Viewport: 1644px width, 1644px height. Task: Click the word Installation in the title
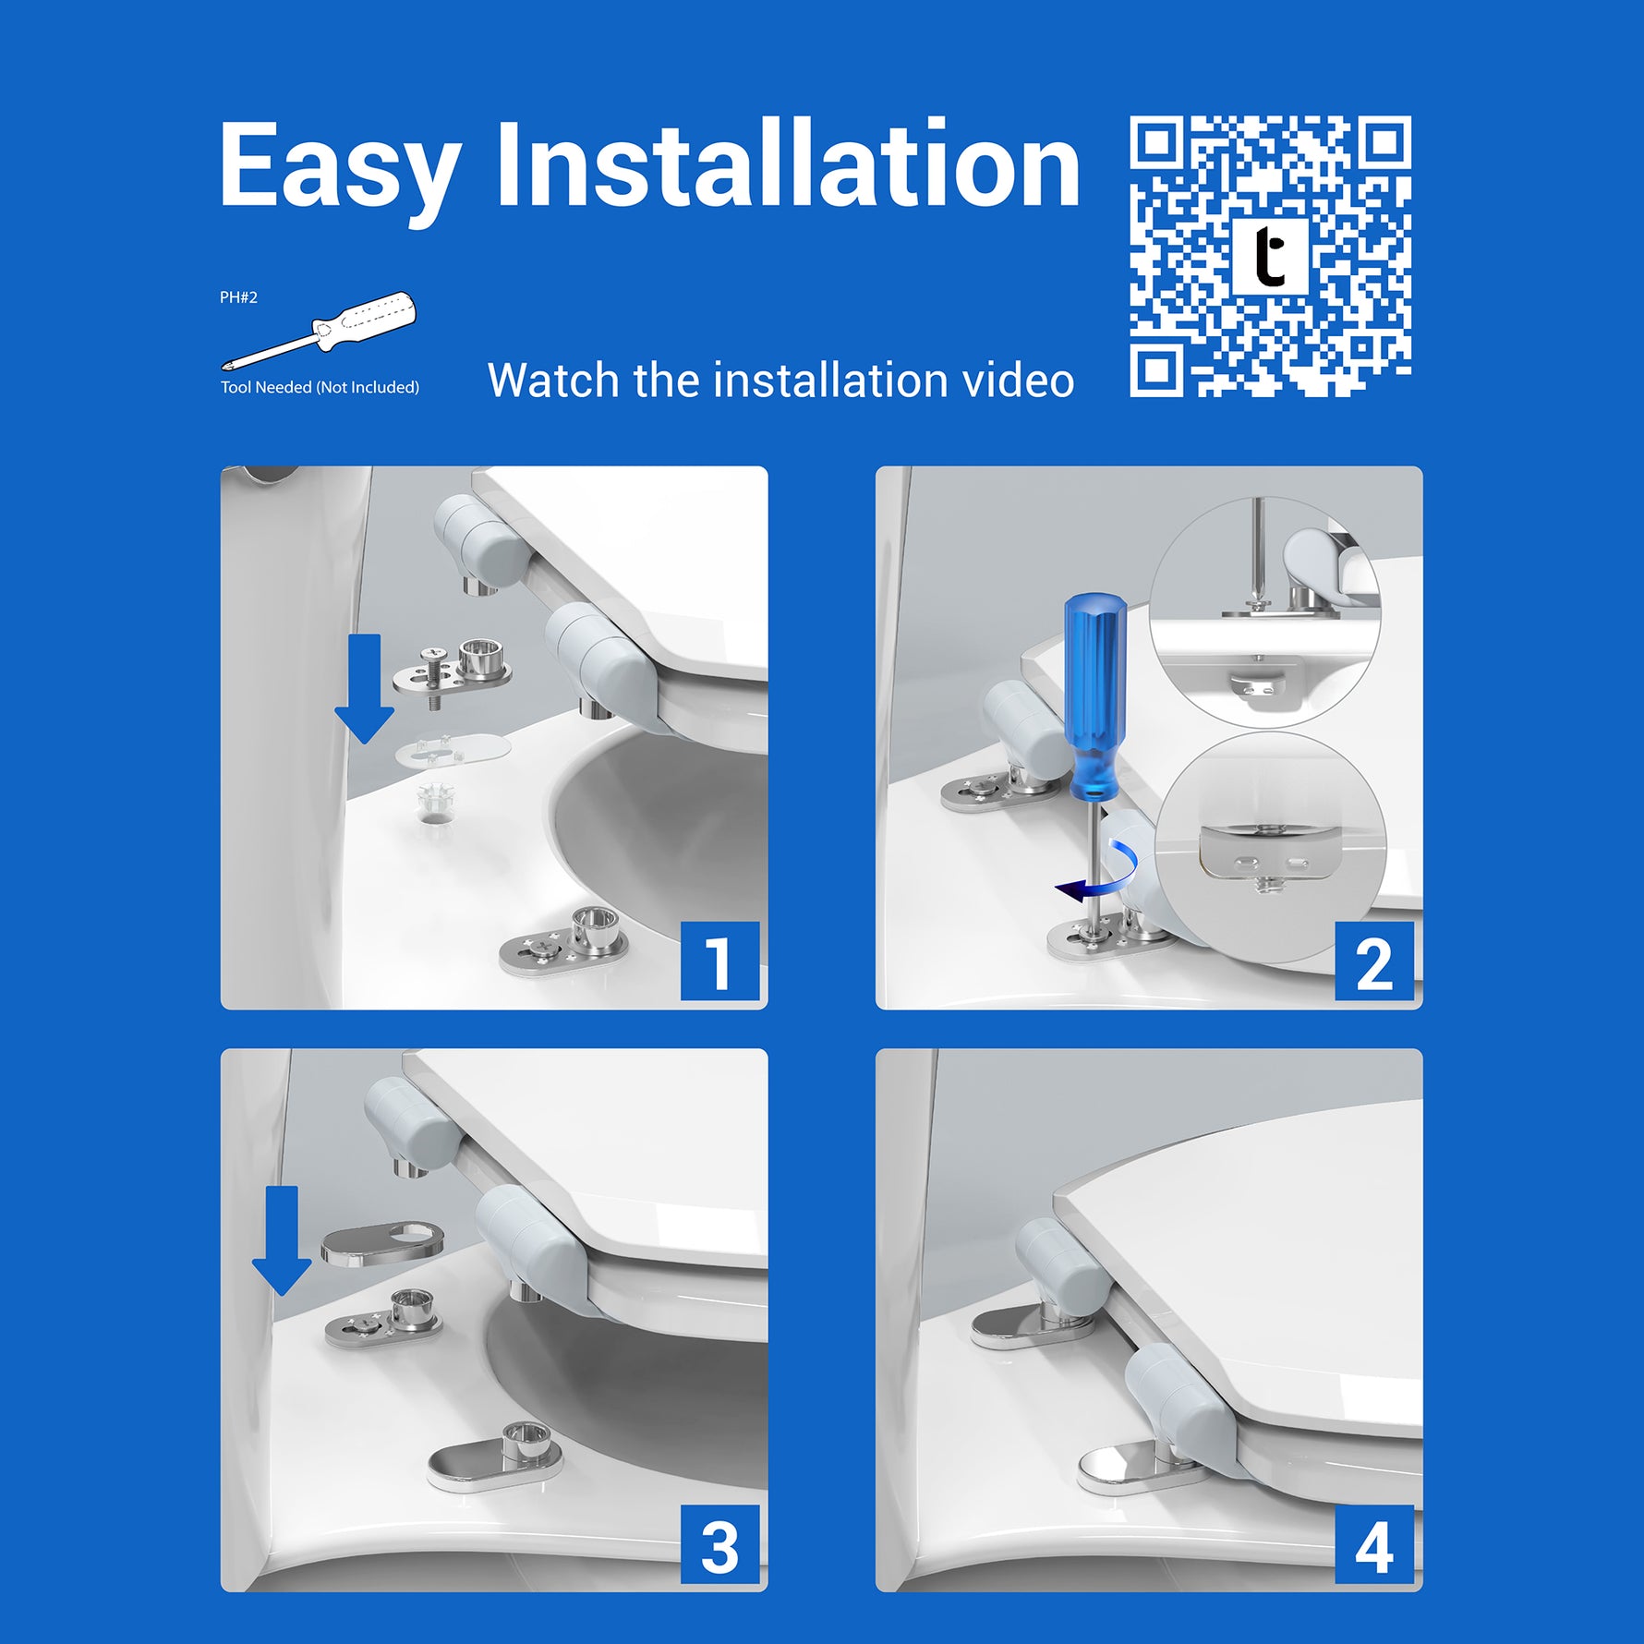pyautogui.click(x=788, y=163)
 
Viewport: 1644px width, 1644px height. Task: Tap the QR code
pyautogui.click(x=1270, y=257)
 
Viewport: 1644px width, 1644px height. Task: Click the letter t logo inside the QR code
pyautogui.click(x=1271, y=256)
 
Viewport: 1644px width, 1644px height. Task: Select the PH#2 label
pyautogui.click(x=238, y=297)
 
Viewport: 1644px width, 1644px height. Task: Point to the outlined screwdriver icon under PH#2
pyautogui.click(x=319, y=331)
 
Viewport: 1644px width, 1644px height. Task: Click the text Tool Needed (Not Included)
pyautogui.click(x=320, y=387)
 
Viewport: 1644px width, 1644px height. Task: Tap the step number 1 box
pyautogui.click(x=719, y=961)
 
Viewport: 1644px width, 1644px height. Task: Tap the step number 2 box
pyautogui.click(x=1374, y=961)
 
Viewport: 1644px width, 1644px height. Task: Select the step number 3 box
pyautogui.click(x=719, y=1544)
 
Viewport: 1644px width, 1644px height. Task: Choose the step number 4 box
pyautogui.click(x=1374, y=1544)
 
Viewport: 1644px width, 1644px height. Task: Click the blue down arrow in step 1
pyautogui.click(x=365, y=689)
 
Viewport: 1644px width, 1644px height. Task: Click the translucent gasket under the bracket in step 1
pyautogui.click(x=453, y=749)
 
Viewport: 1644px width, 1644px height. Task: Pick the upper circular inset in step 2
pyautogui.click(x=1264, y=611)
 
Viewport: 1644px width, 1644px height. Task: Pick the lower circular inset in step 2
pyautogui.click(x=1271, y=849)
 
